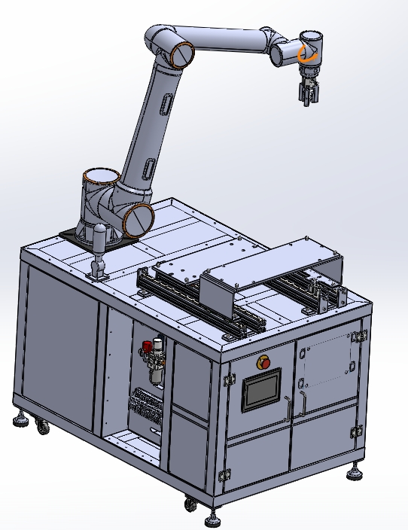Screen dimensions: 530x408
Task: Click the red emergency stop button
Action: (265, 363)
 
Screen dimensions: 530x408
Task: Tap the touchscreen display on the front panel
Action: (260, 390)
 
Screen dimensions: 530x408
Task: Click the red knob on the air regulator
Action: (146, 347)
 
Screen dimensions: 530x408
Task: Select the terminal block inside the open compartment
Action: (145, 407)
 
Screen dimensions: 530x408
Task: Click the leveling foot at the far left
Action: (19, 419)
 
